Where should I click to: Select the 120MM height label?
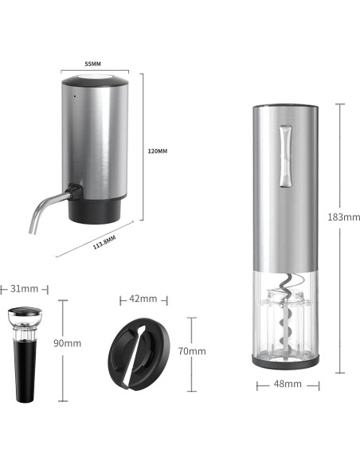tap(158, 150)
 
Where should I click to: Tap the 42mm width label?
tap(143, 299)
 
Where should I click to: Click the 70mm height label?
tap(192, 351)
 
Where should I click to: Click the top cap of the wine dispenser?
tap(96, 77)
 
